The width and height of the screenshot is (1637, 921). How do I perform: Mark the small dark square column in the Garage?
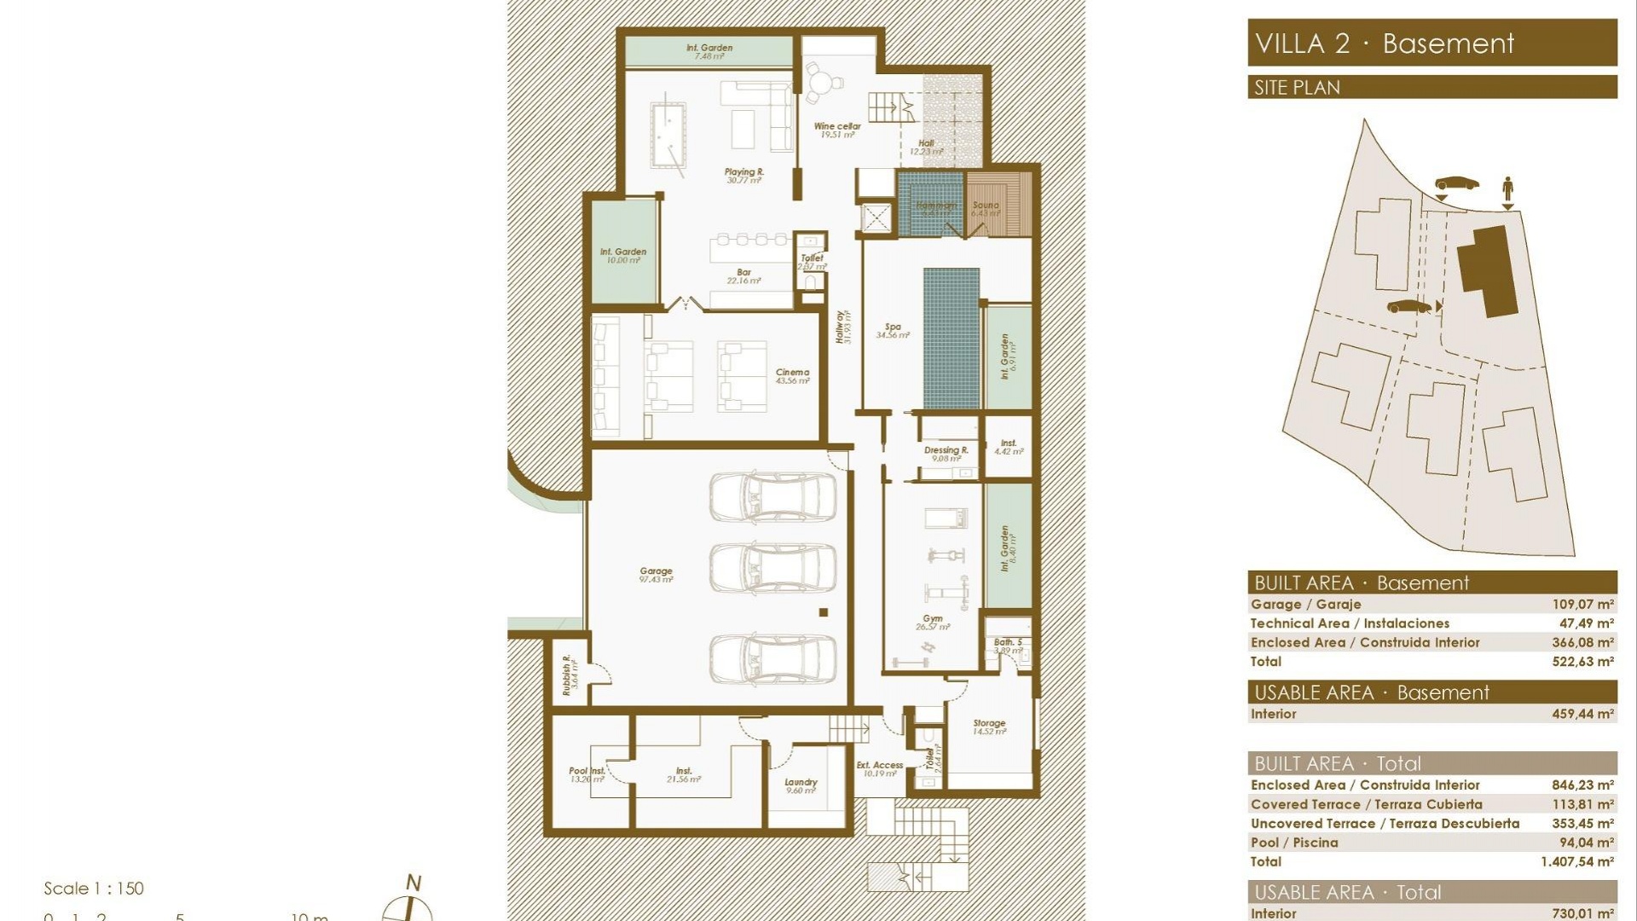(x=824, y=612)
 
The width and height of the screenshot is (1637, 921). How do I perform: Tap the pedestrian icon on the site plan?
(x=1507, y=188)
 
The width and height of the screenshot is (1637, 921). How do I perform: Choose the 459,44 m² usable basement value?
(x=1582, y=714)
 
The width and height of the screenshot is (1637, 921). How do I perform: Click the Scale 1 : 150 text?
(x=94, y=889)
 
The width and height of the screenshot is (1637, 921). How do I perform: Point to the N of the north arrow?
(x=414, y=883)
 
